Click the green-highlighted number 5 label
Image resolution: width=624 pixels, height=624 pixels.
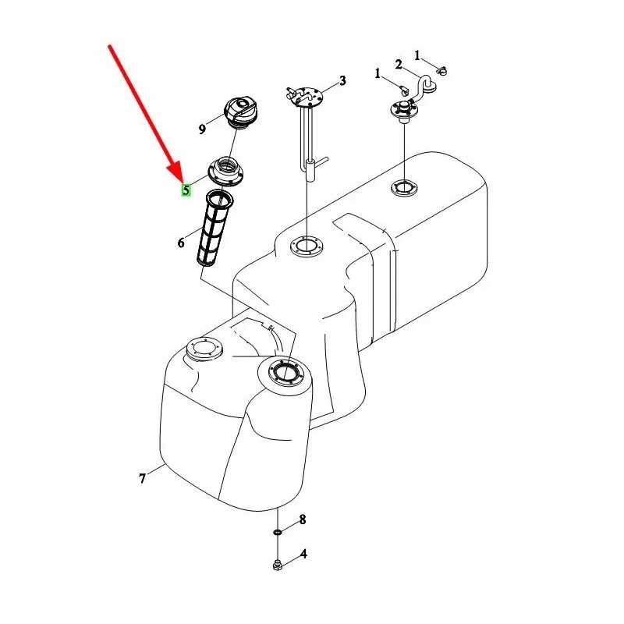(x=186, y=190)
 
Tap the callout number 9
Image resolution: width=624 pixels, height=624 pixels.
(x=202, y=129)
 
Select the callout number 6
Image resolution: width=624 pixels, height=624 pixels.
(x=181, y=243)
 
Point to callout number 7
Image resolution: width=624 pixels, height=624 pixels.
(x=143, y=478)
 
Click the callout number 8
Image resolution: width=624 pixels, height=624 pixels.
(x=303, y=519)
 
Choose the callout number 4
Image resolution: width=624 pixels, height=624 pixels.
(x=303, y=554)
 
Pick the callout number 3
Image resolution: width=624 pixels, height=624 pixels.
(x=342, y=81)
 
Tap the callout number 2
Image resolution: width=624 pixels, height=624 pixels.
(x=399, y=64)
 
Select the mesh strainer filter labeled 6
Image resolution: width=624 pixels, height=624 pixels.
(x=214, y=228)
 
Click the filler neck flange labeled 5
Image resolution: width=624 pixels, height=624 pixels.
(x=225, y=171)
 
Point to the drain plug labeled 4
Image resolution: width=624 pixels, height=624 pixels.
(x=278, y=565)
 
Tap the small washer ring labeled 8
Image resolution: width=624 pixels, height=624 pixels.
(x=278, y=532)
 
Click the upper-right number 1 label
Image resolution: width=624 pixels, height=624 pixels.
(x=417, y=55)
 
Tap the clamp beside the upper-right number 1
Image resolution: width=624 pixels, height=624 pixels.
(x=441, y=71)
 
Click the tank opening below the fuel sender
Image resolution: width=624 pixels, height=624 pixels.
(x=307, y=247)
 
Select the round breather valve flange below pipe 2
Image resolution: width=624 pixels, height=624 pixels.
(x=404, y=108)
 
